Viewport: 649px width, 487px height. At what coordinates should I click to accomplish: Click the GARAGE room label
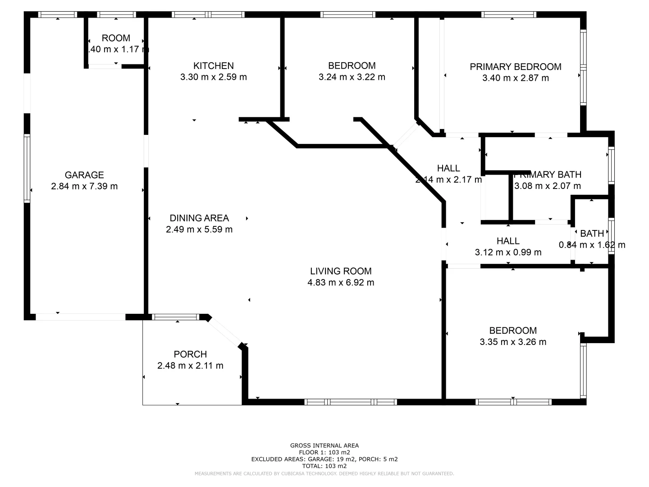(84, 175)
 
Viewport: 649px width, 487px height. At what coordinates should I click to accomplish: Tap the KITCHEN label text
(214, 66)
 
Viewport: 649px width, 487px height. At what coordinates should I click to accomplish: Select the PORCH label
(190, 354)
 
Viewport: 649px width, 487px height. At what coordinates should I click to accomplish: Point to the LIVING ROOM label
(341, 271)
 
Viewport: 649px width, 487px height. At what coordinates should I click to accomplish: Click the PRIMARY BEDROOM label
(516, 67)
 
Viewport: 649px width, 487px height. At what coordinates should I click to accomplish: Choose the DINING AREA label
(199, 218)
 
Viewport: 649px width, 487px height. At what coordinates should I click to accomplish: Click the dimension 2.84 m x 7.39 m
(84, 186)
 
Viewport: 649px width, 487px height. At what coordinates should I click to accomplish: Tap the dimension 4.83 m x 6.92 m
(341, 283)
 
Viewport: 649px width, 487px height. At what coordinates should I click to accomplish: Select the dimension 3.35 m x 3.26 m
(513, 342)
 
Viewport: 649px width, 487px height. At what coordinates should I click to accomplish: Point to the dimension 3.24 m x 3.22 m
(352, 77)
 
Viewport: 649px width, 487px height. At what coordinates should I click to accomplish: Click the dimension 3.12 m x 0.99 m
(508, 253)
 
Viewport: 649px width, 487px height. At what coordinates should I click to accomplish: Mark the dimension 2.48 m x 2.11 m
(190, 366)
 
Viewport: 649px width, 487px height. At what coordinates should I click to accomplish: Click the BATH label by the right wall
(592, 234)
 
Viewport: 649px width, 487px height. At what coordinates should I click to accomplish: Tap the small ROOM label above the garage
(116, 38)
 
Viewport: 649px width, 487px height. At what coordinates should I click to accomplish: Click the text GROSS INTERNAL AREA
(324, 446)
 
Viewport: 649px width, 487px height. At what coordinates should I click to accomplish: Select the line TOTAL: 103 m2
(324, 466)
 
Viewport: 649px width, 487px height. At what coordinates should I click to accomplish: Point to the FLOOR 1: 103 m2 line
(324, 452)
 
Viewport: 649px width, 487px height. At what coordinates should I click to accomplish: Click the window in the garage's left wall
(27, 169)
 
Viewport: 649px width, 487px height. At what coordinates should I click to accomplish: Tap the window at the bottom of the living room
(351, 402)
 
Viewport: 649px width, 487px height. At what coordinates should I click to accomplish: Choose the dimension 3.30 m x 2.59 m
(214, 77)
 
